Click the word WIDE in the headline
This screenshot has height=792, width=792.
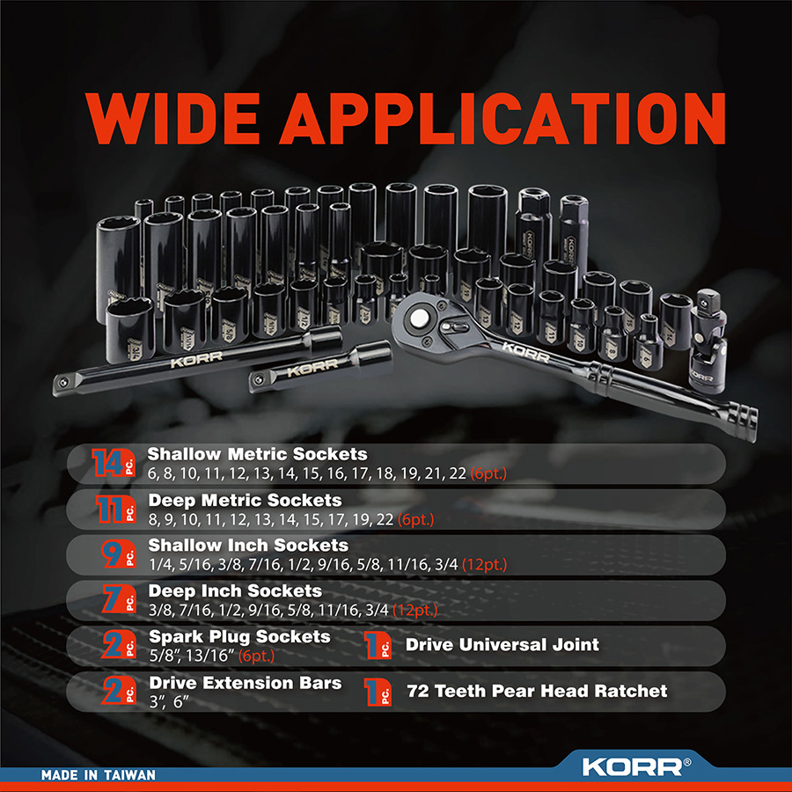click(172, 119)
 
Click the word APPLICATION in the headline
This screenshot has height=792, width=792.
click(502, 119)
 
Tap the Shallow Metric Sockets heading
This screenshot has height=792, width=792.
click(257, 454)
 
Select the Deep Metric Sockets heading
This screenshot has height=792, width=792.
click(245, 500)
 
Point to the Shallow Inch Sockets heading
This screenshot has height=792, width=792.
click(248, 546)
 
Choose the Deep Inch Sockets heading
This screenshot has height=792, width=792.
click(235, 591)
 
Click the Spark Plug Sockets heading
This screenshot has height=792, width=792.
click(239, 637)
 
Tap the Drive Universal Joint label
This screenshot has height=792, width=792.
click(502, 644)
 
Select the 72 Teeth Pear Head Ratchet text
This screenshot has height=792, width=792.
click(537, 691)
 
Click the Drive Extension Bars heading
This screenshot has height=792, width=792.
click(245, 683)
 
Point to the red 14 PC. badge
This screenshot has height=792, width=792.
click(114, 463)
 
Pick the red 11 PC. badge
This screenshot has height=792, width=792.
click(115, 508)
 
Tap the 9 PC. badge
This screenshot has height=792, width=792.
click(119, 554)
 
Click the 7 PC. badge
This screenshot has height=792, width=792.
click(119, 599)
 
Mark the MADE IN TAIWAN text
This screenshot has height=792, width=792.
click(99, 774)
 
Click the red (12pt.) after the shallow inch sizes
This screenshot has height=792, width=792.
click(484, 564)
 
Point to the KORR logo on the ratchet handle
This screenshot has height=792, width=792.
click(525, 352)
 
